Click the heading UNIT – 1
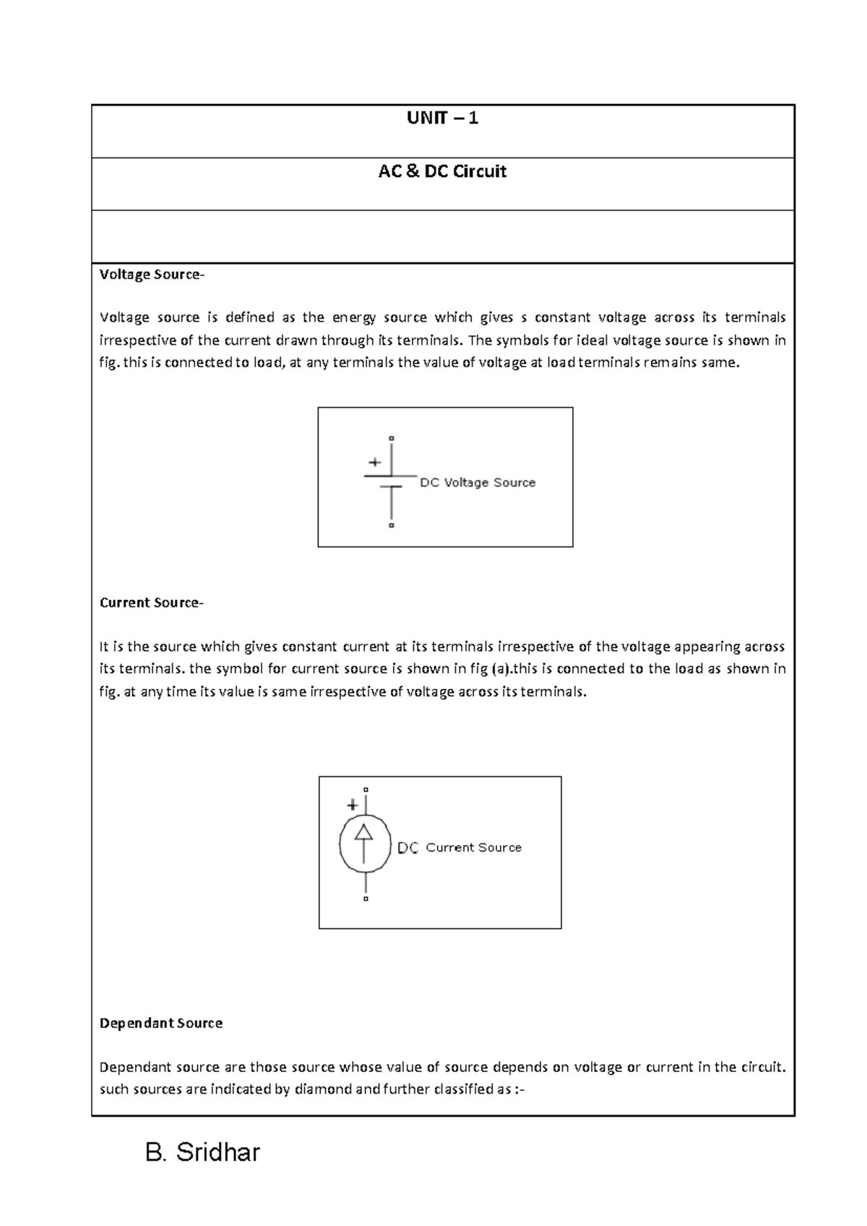[442, 118]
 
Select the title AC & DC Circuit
[442, 171]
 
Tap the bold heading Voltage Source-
[152, 275]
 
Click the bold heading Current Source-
[152, 603]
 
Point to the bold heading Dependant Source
[160, 1024]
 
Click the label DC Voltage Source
[478, 483]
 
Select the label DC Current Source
[460, 848]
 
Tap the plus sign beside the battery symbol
[374, 462]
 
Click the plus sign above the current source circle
[353, 805]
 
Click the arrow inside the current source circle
[364, 842]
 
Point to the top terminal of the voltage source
[392, 438]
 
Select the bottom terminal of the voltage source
[392, 526]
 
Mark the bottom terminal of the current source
[366, 899]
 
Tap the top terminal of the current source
[366, 789]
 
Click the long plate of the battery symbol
[390, 476]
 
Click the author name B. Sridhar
[202, 1152]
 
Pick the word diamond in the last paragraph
[323, 1089]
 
